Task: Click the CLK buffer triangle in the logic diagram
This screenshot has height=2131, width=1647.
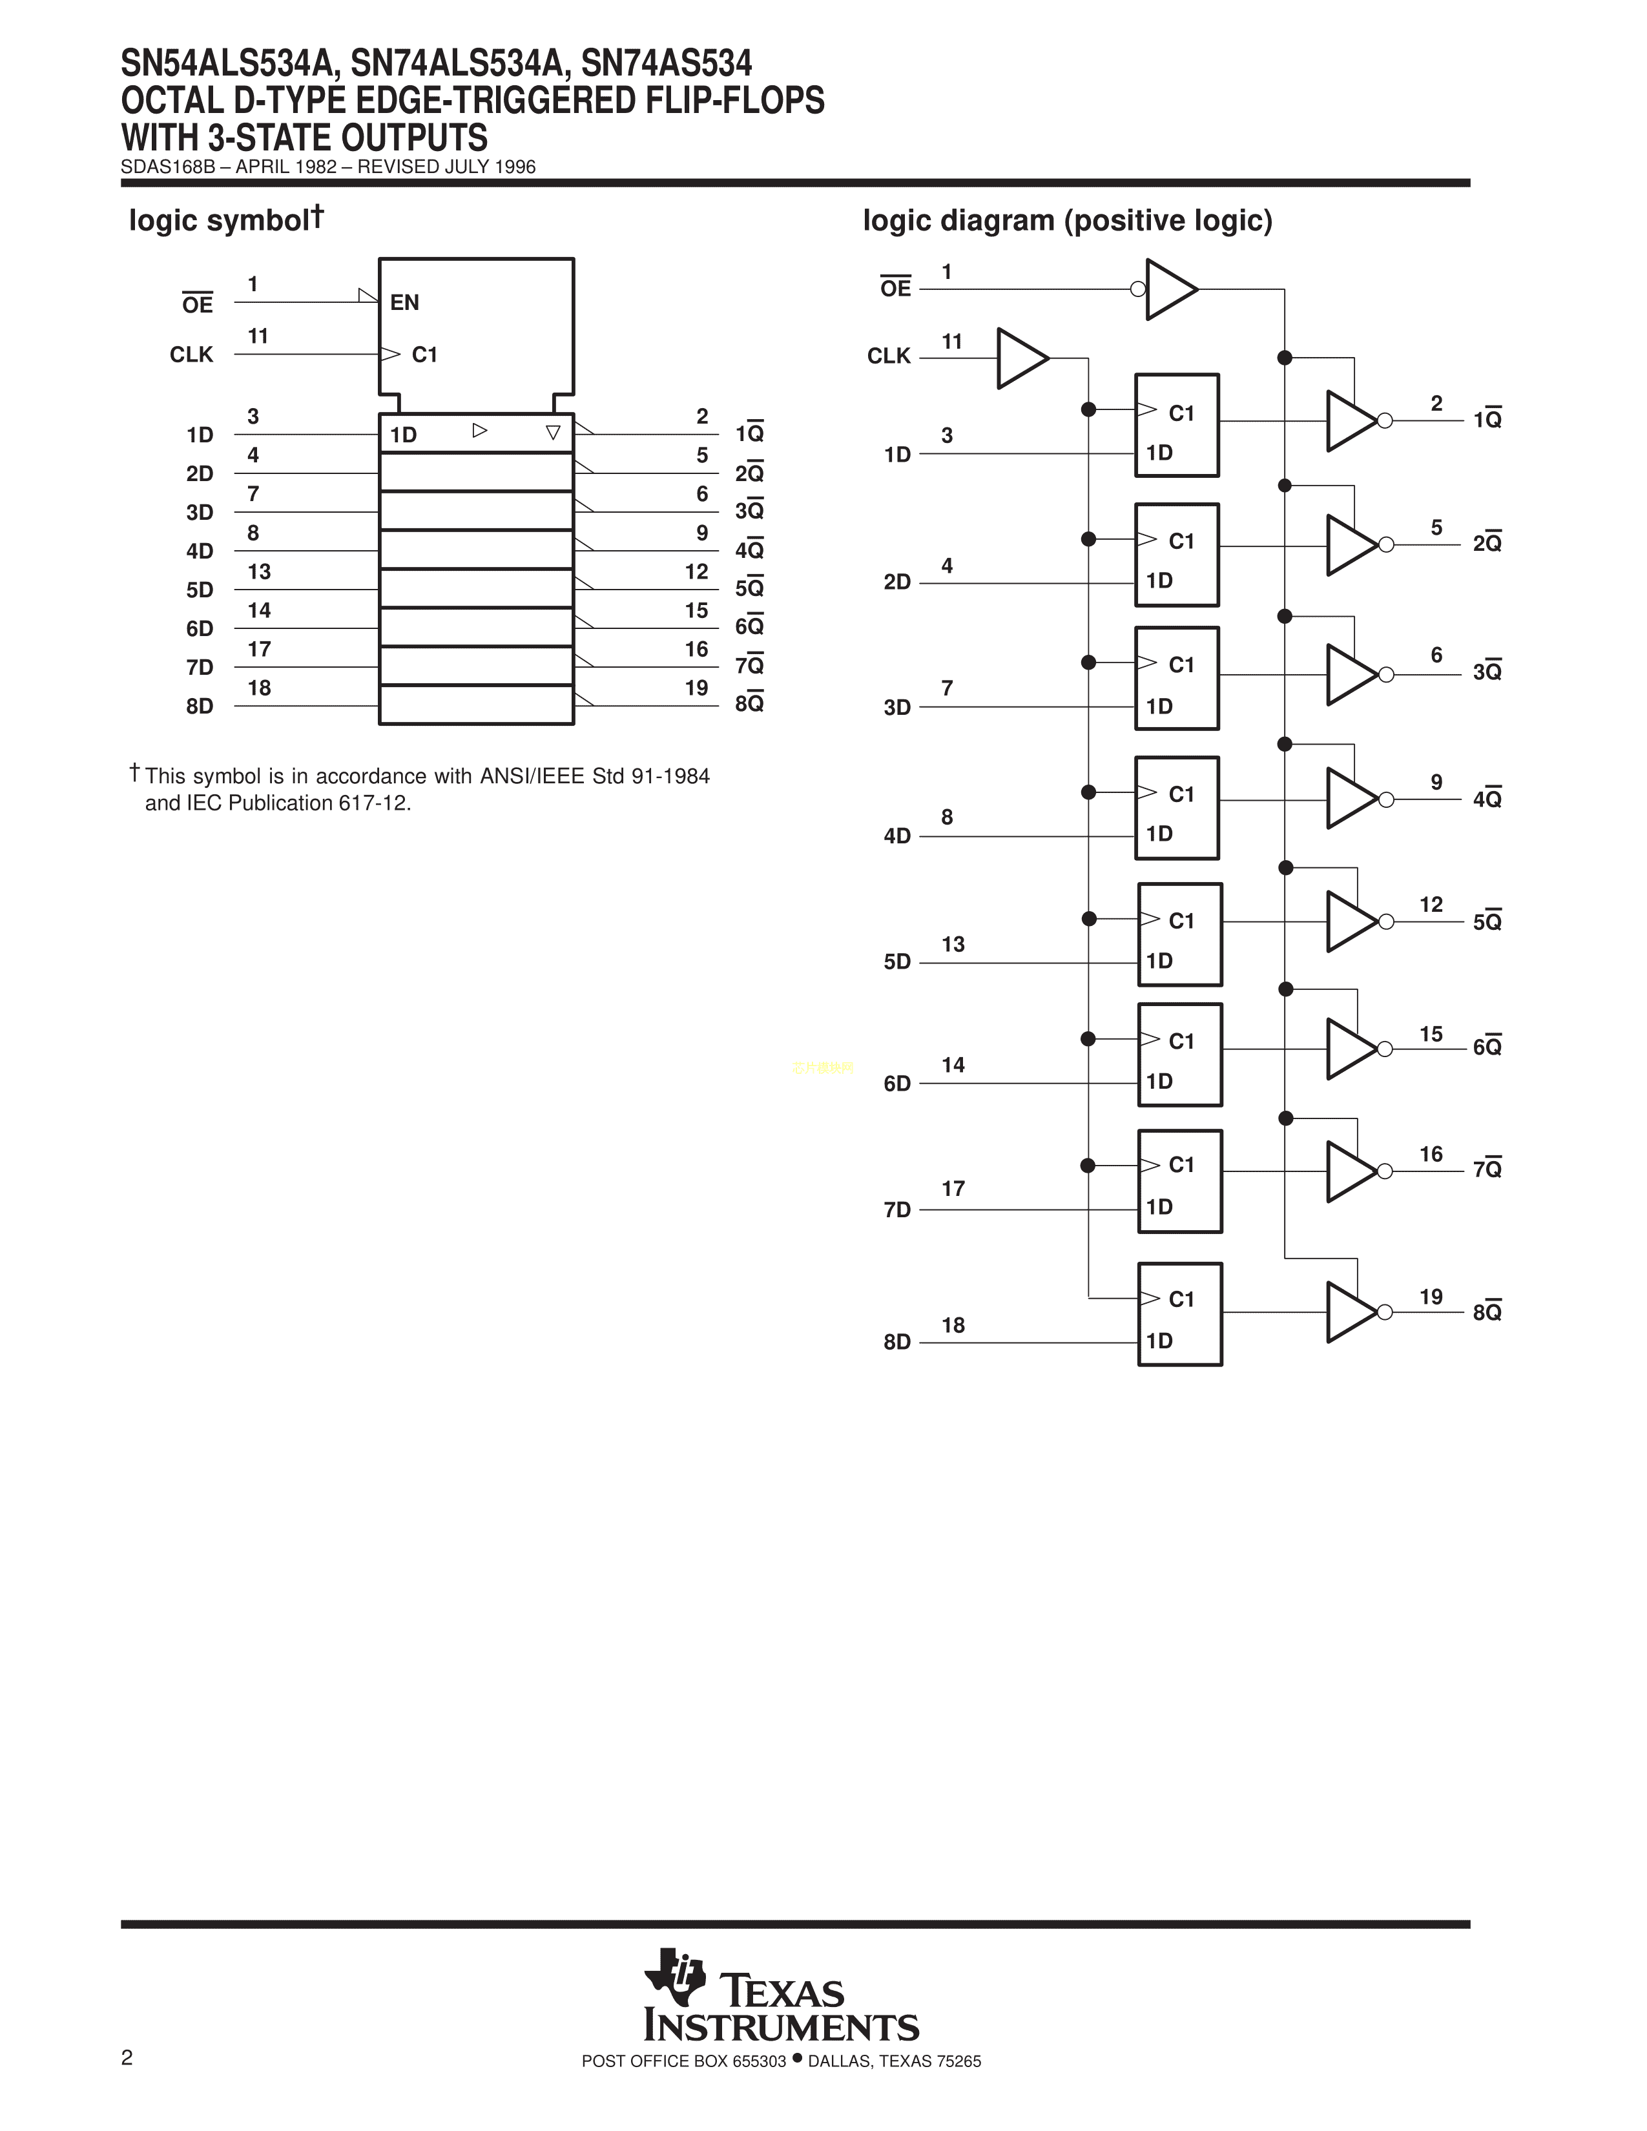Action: click(x=1020, y=358)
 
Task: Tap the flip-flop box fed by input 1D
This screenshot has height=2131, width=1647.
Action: click(x=1177, y=426)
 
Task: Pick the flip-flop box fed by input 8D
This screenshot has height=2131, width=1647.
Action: click(x=1179, y=1313)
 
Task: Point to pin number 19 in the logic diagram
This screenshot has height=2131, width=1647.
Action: click(x=1431, y=1297)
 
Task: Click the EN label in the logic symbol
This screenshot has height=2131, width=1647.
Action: click(x=405, y=302)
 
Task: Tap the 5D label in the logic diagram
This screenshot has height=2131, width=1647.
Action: click(x=896, y=962)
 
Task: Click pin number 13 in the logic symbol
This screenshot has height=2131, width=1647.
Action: click(x=258, y=571)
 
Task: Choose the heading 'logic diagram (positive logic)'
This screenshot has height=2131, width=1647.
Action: click(x=1068, y=220)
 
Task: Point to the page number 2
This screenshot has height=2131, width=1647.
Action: click(x=127, y=2058)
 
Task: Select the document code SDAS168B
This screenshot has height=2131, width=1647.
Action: click(x=167, y=167)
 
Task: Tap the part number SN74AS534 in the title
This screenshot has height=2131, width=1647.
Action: click(x=667, y=65)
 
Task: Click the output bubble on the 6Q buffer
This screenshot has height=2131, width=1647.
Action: click(x=1385, y=1049)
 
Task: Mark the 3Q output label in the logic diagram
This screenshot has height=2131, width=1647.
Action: click(x=1487, y=672)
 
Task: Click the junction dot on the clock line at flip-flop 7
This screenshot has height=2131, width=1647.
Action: click(x=1088, y=1165)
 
